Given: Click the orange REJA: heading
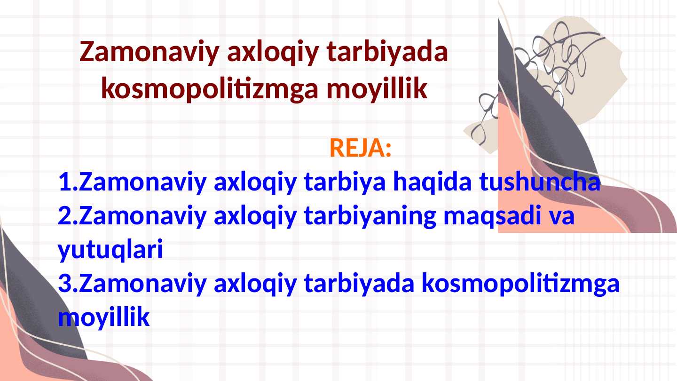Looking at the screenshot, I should pyautogui.click(x=360, y=149).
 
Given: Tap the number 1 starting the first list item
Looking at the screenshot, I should pyautogui.click(x=65, y=183).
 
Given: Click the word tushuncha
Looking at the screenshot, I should pyautogui.click(x=539, y=183).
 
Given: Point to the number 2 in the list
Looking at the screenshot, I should pyautogui.click(x=65, y=217).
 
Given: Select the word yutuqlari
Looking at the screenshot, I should pyautogui.click(x=110, y=250).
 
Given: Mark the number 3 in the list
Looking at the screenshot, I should pyautogui.click(x=65, y=284).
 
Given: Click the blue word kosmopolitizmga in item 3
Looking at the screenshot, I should pyautogui.click(x=520, y=284).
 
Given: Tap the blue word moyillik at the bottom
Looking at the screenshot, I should pyautogui.click(x=104, y=318).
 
